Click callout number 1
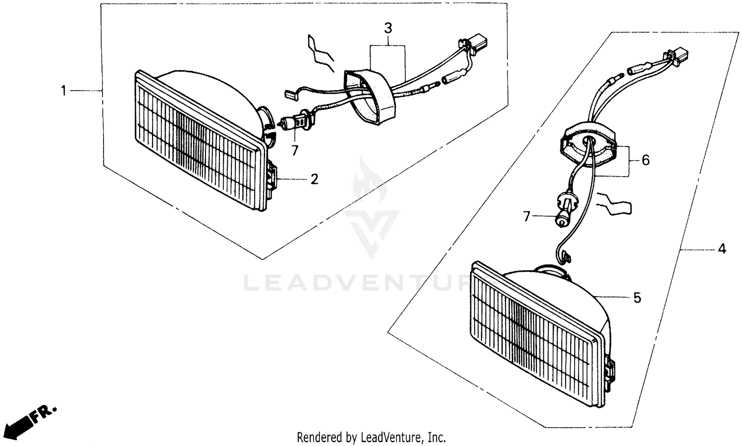click(x=63, y=91)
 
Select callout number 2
click(x=314, y=179)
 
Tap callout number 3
click(x=388, y=28)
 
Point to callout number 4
click(x=722, y=249)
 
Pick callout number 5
click(x=637, y=298)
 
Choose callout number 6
click(x=645, y=160)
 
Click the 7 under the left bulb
click(x=295, y=150)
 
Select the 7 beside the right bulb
click(x=527, y=216)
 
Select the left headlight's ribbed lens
click(x=198, y=141)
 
